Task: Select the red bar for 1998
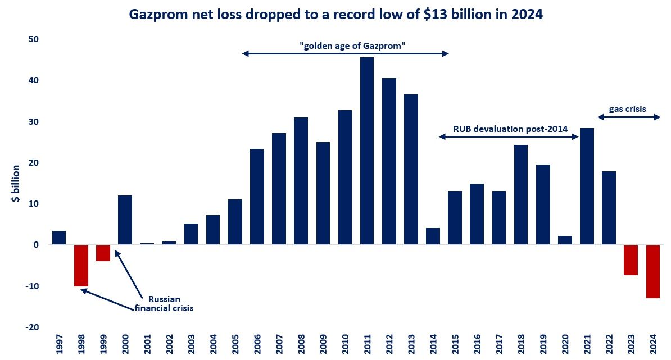pyautogui.click(x=81, y=266)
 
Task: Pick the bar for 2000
pyautogui.click(x=125, y=220)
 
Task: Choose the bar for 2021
pyautogui.click(x=587, y=186)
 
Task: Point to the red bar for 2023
pyautogui.click(x=631, y=260)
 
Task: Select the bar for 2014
pyautogui.click(x=433, y=236)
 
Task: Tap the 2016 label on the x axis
pyautogui.click(x=477, y=344)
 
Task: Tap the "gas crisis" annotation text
pyautogui.click(x=628, y=109)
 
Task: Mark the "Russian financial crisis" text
pyautogui.click(x=164, y=303)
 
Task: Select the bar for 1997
pyautogui.click(x=59, y=238)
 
